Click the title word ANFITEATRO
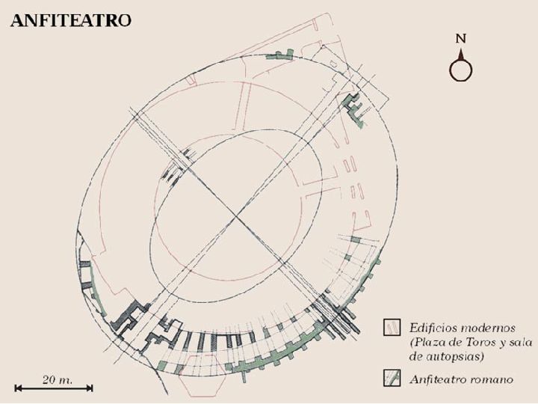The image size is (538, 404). [x=71, y=21]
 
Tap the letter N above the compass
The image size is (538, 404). [x=461, y=38]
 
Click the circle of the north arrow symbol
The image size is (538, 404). [x=461, y=70]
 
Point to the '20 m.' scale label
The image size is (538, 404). [x=58, y=380]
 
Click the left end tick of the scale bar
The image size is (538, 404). [x=16, y=388]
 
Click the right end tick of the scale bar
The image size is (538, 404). [x=91, y=388]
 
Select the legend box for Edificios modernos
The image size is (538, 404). [x=392, y=327]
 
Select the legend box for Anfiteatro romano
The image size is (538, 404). [x=392, y=379]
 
